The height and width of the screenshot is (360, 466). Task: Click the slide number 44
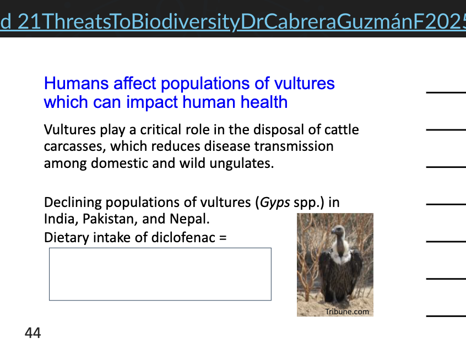point(32,333)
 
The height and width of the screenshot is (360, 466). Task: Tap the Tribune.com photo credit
point(347,312)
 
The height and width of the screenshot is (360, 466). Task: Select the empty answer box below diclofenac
point(160,274)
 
